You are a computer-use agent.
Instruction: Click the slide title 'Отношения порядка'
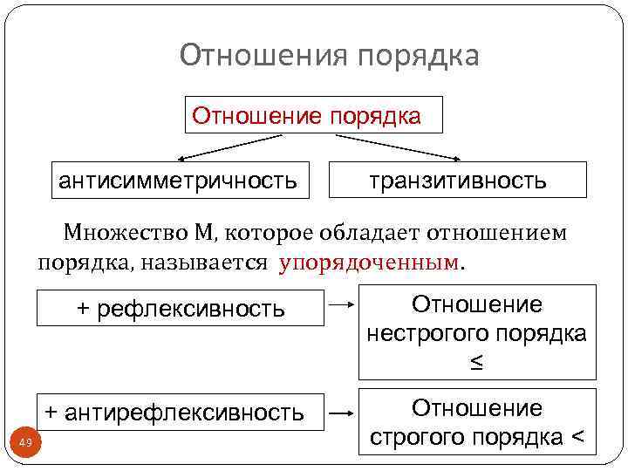[329, 56]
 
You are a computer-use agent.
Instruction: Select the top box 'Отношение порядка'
[313, 115]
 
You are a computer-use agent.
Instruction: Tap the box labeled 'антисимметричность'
[177, 181]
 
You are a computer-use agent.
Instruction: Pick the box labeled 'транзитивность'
[457, 181]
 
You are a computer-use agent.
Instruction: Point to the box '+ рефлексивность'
[181, 308]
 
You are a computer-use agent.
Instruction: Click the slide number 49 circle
[25, 444]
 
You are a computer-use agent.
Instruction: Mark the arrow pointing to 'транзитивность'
[397, 147]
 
